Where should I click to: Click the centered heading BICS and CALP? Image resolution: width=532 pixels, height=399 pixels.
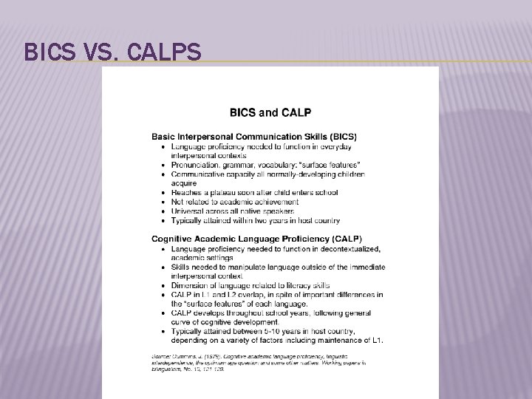tap(270, 113)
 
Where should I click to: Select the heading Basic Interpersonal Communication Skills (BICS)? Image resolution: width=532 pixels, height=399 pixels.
tap(254, 137)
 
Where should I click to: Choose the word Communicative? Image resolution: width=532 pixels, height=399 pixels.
tap(199, 174)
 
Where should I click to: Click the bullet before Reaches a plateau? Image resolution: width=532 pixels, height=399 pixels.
tap(163, 192)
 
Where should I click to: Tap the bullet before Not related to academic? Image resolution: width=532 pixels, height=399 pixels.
tap(163, 201)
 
